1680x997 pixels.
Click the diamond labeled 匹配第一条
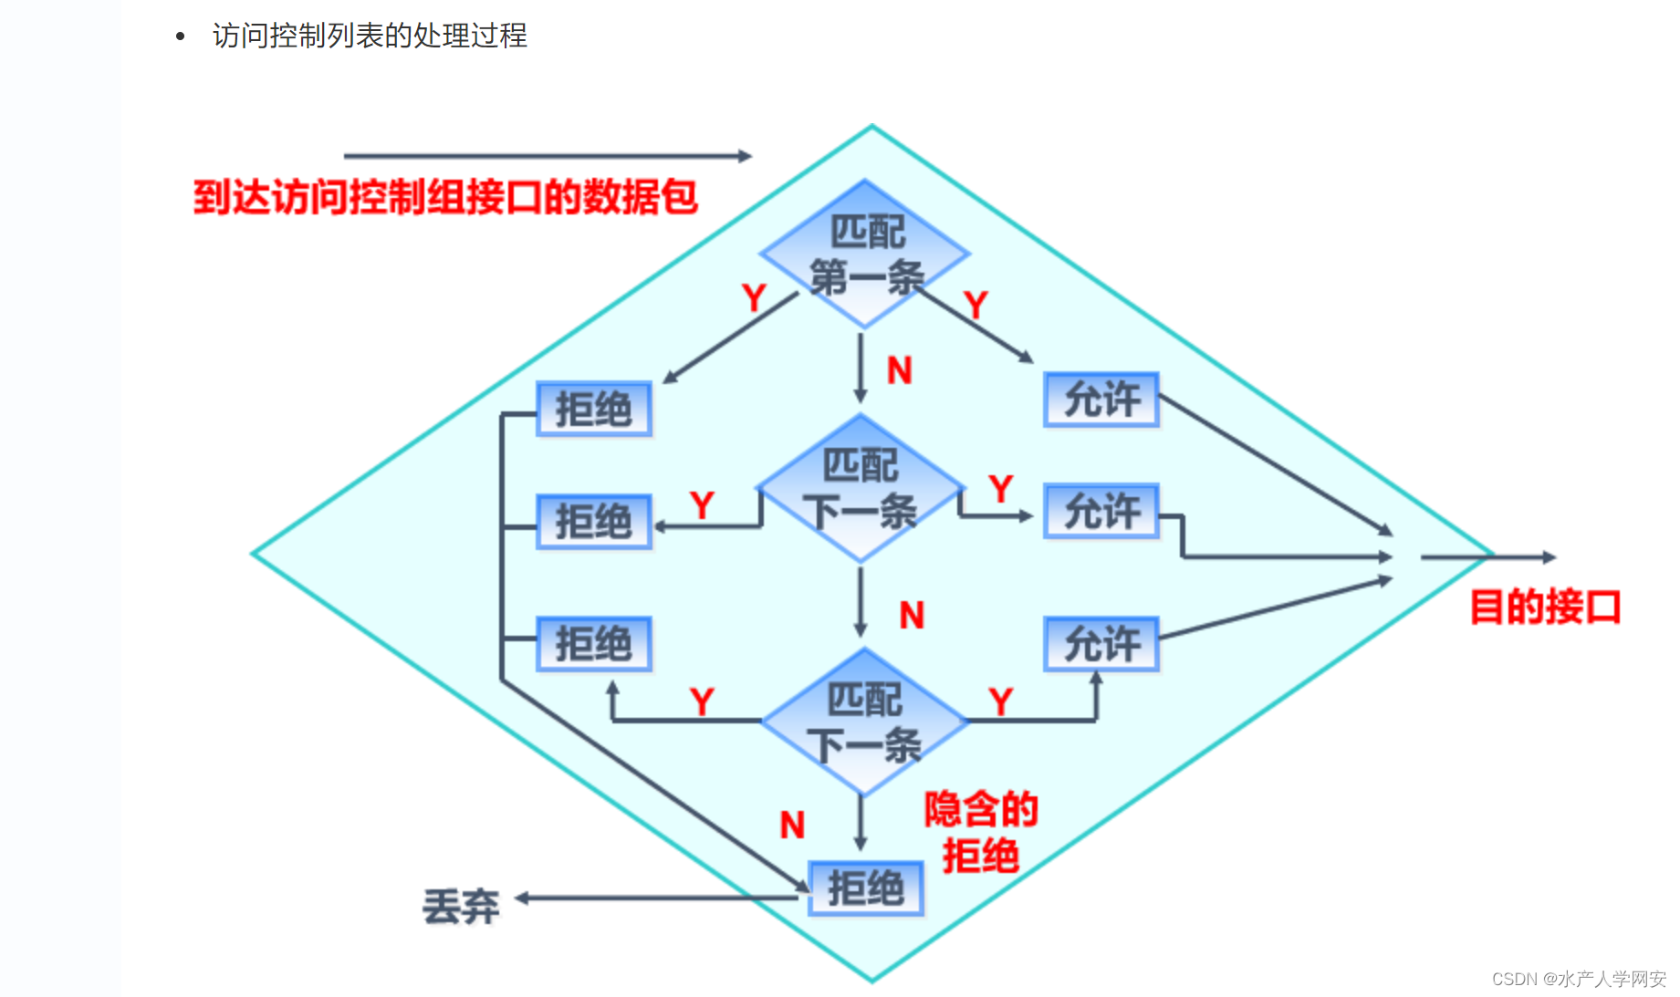(x=865, y=253)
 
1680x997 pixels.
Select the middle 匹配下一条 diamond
(x=861, y=488)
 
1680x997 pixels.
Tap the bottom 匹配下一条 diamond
(x=864, y=722)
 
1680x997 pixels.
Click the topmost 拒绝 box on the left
(x=594, y=409)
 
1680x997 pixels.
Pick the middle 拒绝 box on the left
(x=594, y=522)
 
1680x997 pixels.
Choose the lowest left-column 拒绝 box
(x=594, y=644)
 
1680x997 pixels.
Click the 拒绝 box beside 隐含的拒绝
(x=866, y=888)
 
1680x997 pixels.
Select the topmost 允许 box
(x=1101, y=400)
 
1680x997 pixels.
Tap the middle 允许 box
(x=1101, y=511)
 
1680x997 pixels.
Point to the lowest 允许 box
(x=1101, y=644)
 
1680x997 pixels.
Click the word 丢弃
(x=461, y=907)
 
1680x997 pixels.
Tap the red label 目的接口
(x=1545, y=608)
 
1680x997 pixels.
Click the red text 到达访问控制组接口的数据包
(x=445, y=197)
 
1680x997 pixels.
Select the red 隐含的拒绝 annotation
(x=981, y=832)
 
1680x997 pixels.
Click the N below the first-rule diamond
(x=900, y=370)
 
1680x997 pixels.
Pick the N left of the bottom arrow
(x=792, y=825)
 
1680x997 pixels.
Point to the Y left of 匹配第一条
(x=754, y=298)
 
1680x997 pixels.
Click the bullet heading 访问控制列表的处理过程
(x=370, y=36)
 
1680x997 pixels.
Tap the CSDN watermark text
(x=1579, y=979)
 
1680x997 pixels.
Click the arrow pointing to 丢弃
(x=657, y=898)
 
